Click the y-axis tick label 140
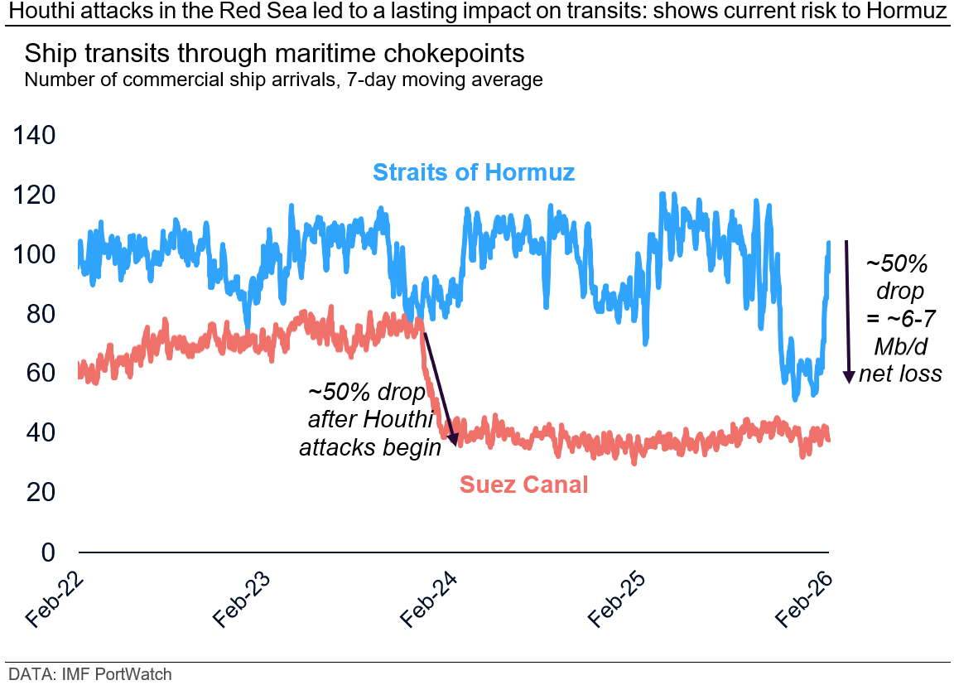click(34, 135)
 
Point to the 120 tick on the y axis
click(34, 195)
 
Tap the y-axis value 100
click(34, 254)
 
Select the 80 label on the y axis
click(40, 314)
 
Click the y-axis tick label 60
click(40, 374)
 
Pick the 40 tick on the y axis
click(40, 432)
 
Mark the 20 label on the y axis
click(40, 492)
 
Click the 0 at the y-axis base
click(47, 552)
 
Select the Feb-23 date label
click(243, 597)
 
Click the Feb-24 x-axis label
click(431, 597)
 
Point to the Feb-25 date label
click(618, 597)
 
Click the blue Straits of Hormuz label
click(473, 172)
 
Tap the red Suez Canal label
click(523, 485)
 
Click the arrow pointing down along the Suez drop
click(440, 389)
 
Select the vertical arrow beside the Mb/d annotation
click(847, 311)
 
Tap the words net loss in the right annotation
click(900, 374)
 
